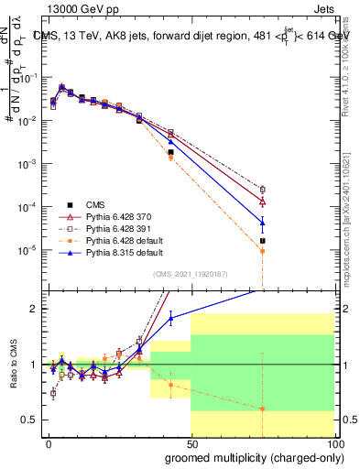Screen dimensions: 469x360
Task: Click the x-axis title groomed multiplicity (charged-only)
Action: click(250, 457)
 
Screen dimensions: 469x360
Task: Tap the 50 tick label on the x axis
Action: click(191, 442)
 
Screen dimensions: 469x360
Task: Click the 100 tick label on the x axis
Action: click(334, 442)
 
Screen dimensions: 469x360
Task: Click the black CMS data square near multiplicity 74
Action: click(263, 241)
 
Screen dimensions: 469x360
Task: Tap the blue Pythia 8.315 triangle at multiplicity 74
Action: click(263, 221)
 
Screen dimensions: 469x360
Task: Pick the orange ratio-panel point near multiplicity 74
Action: click(263, 409)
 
